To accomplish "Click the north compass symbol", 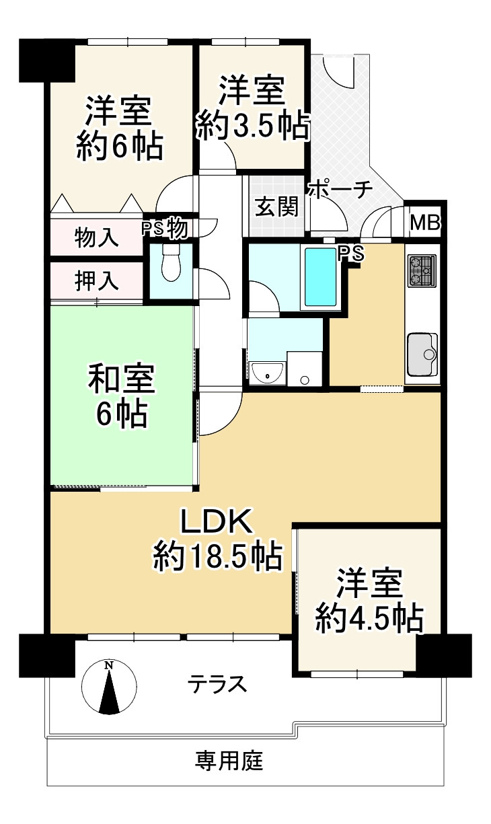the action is [x=109, y=687].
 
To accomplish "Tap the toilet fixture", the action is [x=171, y=262].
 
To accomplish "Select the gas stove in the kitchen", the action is [x=422, y=270].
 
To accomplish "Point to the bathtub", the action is [x=321, y=277].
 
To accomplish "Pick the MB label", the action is [x=425, y=222].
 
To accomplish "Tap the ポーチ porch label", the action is [x=341, y=190].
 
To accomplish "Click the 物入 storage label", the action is [x=97, y=237].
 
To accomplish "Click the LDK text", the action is [x=217, y=521].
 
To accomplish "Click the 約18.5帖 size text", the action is [x=218, y=556].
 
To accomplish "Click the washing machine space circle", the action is [x=305, y=379].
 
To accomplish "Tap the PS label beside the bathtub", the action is [x=351, y=253].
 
